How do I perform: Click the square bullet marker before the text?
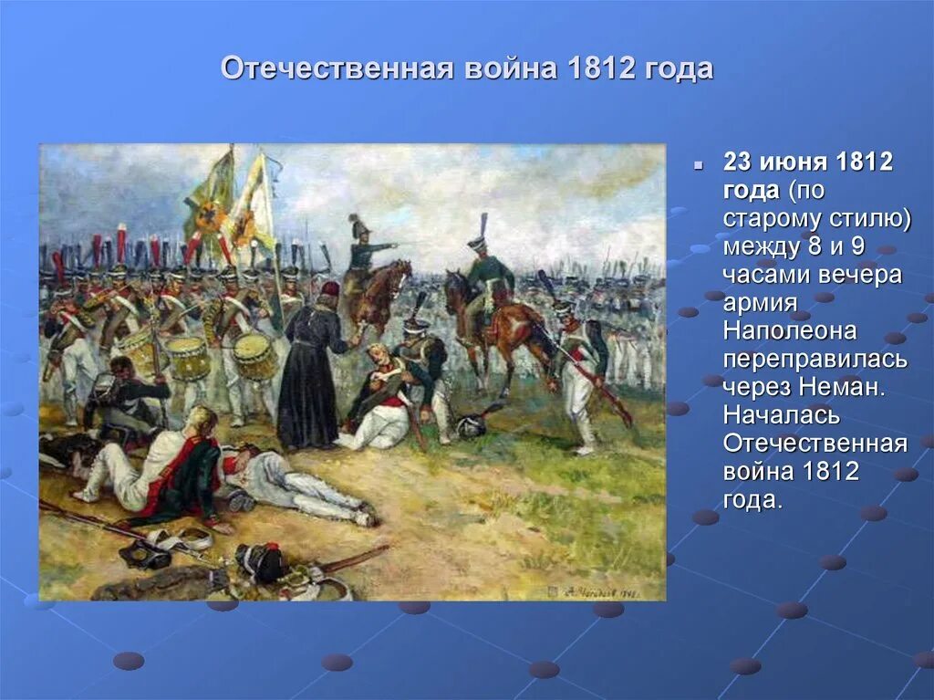coord(698,167)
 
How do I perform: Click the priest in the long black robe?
coord(309,374)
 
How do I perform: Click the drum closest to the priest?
coord(254,356)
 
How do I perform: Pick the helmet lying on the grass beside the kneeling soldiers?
coord(472,424)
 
